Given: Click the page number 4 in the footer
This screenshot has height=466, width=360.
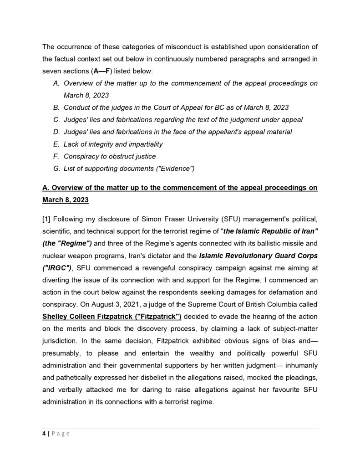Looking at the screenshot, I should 44,434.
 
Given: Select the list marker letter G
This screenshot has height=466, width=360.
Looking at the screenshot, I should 56,169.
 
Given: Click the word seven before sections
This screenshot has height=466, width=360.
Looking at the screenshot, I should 51,71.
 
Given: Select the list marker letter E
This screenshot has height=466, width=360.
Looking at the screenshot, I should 56,144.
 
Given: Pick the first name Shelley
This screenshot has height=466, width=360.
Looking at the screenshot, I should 56,316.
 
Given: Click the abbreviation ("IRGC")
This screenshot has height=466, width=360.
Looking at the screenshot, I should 57,267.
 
